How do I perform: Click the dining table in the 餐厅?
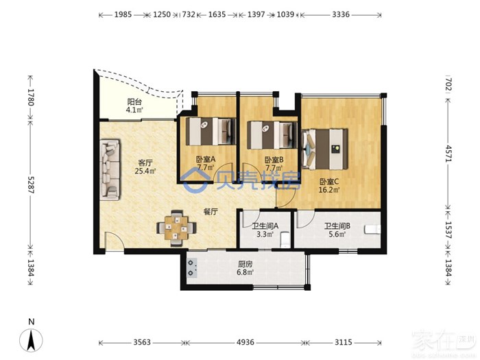pos(176,228)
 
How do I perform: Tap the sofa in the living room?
pos(110,169)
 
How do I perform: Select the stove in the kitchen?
pos(192,267)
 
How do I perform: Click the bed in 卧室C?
pos(325,149)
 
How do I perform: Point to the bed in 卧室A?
pos(211,132)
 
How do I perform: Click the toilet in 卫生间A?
pos(285,239)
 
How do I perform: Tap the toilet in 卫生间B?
pos(372,229)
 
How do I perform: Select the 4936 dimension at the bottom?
pos(245,342)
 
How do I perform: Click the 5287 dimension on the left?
pos(32,184)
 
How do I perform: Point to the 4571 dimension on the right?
pos(448,154)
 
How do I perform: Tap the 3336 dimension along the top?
pos(341,14)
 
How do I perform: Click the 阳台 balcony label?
pos(134,101)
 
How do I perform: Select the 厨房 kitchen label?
pos(245,264)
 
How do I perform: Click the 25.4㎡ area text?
pos(145,171)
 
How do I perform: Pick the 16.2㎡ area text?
pos(329,190)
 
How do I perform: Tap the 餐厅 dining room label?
pos(211,211)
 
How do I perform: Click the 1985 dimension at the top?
pos(123,14)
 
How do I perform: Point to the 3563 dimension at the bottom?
pos(142,342)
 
